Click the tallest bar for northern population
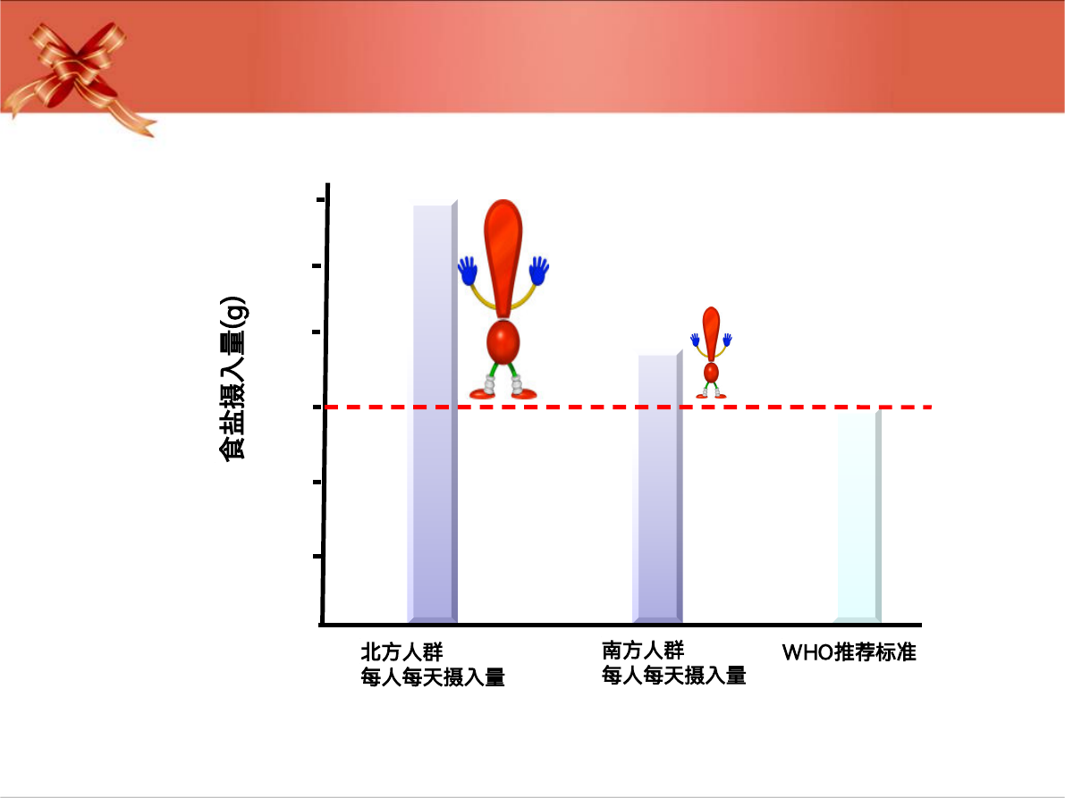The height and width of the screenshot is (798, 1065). [x=433, y=412]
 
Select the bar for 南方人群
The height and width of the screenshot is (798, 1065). [x=657, y=486]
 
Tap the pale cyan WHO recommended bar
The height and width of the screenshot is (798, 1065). [x=858, y=517]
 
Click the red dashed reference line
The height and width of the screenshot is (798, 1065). [x=629, y=407]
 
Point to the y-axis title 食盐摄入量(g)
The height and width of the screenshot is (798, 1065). [x=233, y=379]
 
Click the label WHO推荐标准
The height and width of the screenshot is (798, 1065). [x=849, y=652]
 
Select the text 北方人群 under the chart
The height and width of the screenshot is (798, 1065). [x=401, y=652]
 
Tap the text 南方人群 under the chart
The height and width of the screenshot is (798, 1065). [x=643, y=650]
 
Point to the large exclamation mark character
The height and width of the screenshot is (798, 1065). [x=503, y=298]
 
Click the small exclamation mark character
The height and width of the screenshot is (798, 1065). [x=711, y=352]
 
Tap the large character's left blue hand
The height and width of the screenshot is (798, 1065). [x=468, y=271]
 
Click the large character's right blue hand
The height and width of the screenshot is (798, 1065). [x=539, y=271]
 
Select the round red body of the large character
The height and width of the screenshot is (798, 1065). [x=503, y=342]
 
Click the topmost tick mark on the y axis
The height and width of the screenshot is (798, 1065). [x=321, y=199]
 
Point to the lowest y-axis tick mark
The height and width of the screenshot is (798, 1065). [x=317, y=557]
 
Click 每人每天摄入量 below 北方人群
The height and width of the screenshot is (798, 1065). [x=433, y=677]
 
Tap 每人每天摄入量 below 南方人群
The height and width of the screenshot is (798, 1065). [x=673, y=676]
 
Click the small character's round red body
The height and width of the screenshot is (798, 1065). [x=711, y=373]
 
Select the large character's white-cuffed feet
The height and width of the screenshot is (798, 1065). [x=503, y=387]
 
